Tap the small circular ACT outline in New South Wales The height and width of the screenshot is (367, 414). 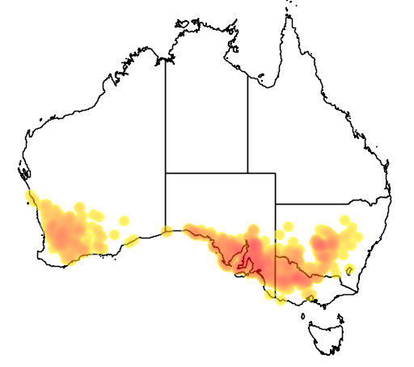349,269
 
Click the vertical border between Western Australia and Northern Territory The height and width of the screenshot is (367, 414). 166,121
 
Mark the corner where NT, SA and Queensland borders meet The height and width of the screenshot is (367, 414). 247,172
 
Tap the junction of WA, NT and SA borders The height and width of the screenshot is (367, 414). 166,172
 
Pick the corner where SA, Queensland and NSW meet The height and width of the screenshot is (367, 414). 276,204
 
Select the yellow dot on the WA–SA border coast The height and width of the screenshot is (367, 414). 166,232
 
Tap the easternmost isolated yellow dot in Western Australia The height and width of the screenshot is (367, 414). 124,220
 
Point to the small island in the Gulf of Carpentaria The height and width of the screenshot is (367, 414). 262,78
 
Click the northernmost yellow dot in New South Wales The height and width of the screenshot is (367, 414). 343,220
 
